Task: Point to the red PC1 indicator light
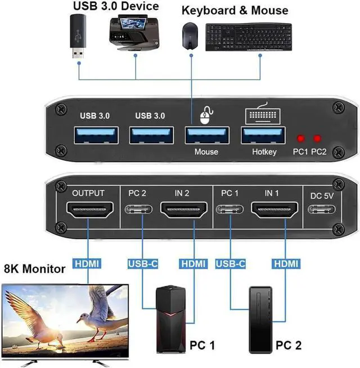301,138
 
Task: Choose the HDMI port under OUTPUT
88,211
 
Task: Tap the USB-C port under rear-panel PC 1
230,212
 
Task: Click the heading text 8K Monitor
35,270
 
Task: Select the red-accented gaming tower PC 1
171,318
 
